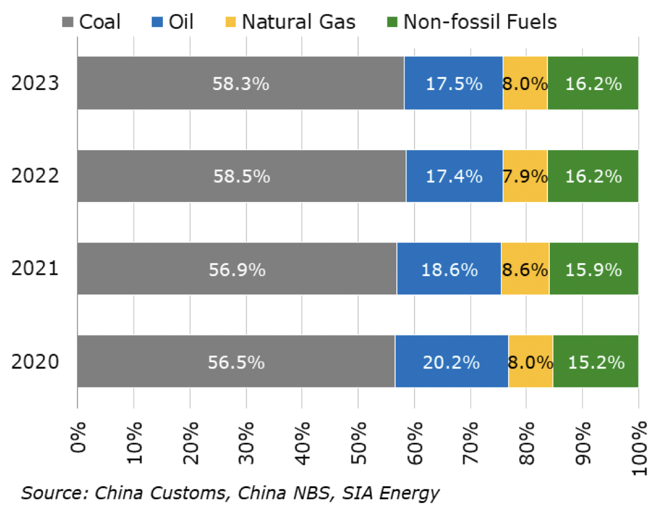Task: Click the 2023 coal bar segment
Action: pos(176,83)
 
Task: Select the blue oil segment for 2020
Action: pos(451,362)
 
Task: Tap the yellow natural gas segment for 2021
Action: pos(525,269)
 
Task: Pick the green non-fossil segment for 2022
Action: pos(593,176)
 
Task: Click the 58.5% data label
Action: pos(241,176)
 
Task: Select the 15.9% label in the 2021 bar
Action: pos(593,269)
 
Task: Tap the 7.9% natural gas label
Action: pos(525,176)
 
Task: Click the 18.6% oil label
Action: pos(449,269)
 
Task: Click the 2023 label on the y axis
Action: pos(35,83)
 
